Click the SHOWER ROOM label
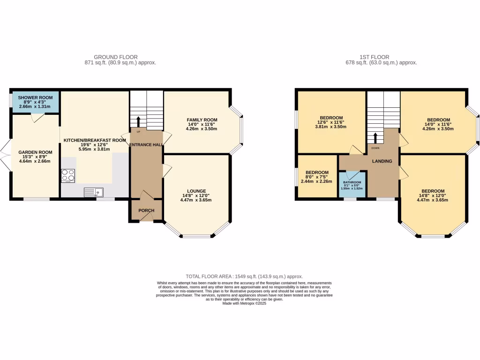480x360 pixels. (36, 97)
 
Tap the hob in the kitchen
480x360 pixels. (68, 175)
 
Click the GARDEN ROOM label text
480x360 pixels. (36, 152)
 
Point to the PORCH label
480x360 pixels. (146, 210)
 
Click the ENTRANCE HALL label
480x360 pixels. (146, 145)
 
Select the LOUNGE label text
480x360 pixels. (197, 191)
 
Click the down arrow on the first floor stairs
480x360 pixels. (375, 138)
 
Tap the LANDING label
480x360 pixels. (382, 161)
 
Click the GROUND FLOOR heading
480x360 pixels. (116, 57)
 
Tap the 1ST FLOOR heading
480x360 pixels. (374, 57)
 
